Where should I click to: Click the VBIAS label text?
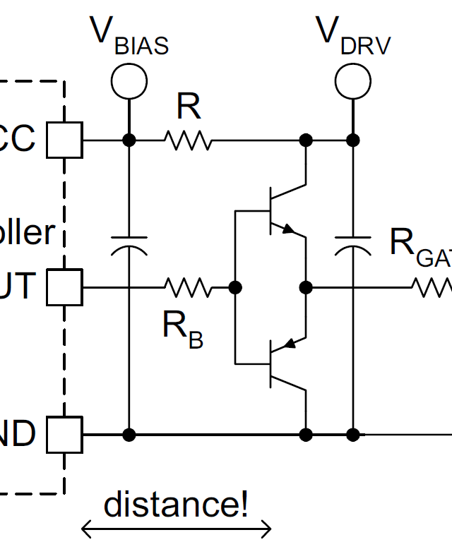(x=129, y=35)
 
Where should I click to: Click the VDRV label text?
(x=353, y=35)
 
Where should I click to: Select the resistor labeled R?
(x=188, y=140)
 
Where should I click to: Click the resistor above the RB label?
(x=188, y=287)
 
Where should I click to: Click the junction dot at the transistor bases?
(x=235, y=287)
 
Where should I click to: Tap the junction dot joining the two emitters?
(x=306, y=287)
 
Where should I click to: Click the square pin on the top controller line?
(x=65, y=140)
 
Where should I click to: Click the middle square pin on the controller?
(x=65, y=287)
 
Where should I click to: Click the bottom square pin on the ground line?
(x=65, y=434)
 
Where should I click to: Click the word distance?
(x=176, y=504)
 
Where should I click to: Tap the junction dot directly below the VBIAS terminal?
(x=129, y=140)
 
